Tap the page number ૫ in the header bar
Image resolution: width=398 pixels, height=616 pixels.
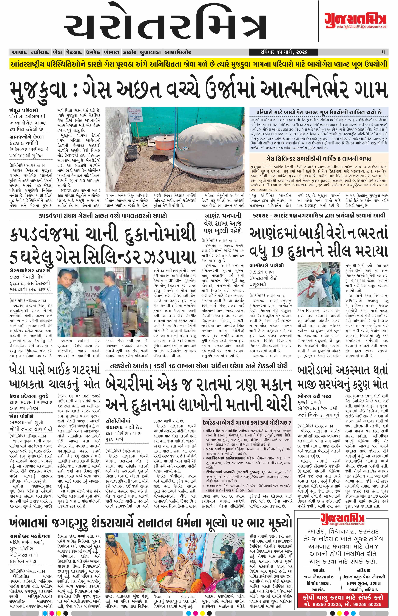pos(383,52)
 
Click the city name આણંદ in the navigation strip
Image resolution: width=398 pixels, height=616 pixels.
pos(19,52)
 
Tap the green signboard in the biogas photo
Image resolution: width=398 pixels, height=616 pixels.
pos(134,115)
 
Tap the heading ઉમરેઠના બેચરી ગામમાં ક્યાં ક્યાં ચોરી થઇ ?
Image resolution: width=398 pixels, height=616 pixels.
pos(247,423)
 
